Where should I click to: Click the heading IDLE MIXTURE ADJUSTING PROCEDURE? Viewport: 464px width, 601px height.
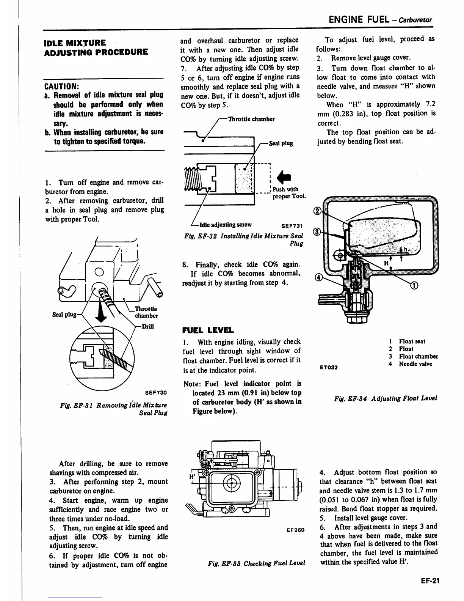(x=96, y=47)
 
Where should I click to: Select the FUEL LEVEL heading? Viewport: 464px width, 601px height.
(x=208, y=330)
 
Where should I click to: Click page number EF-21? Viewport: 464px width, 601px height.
(x=429, y=581)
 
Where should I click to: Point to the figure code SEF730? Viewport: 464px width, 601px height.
(x=156, y=392)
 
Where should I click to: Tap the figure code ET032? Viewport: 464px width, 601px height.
(x=328, y=367)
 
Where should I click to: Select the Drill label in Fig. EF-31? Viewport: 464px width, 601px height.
(x=147, y=326)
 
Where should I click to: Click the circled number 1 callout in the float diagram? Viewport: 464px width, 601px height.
(x=415, y=286)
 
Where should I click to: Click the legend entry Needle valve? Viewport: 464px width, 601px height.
(x=415, y=364)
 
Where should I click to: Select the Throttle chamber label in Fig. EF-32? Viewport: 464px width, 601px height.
(x=251, y=119)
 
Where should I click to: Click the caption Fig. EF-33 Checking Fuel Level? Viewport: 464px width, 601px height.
(x=256, y=563)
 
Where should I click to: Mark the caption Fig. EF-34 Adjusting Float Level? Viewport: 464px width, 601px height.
(x=385, y=398)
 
